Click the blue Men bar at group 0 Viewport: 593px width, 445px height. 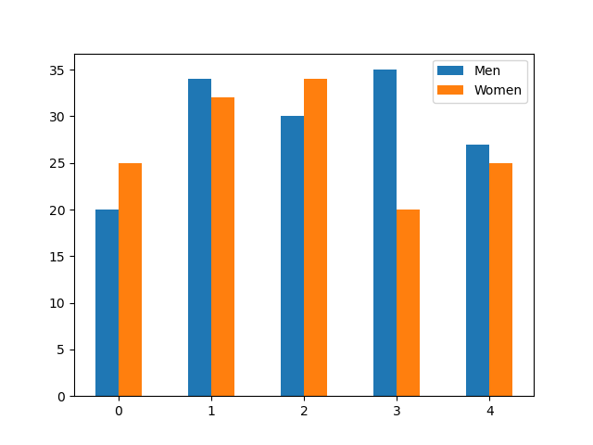tap(107, 303)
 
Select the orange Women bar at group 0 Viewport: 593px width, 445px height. tap(130, 280)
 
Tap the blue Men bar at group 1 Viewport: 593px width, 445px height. tap(199, 237)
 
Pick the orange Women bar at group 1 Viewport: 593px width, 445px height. tap(222, 247)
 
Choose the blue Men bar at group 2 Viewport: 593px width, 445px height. tap(292, 256)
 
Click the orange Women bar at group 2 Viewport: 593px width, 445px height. tap(315, 237)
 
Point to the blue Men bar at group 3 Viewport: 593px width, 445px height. tap(385, 233)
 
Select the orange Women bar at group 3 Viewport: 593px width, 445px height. tap(408, 303)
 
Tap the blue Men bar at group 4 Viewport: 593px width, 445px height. tap(477, 271)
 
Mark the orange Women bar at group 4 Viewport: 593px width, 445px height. tap(500, 280)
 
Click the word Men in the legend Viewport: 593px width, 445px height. tap(487, 71)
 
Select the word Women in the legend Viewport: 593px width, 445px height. tap(498, 90)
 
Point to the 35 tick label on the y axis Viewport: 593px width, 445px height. tap(56, 70)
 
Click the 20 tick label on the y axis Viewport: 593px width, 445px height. tap(56, 210)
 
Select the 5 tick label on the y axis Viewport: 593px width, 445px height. tap(59, 350)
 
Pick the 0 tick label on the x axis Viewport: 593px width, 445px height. tap(119, 411)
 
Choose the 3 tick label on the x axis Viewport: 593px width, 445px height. tap(397, 411)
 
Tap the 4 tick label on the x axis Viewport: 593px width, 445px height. tap(489, 411)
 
